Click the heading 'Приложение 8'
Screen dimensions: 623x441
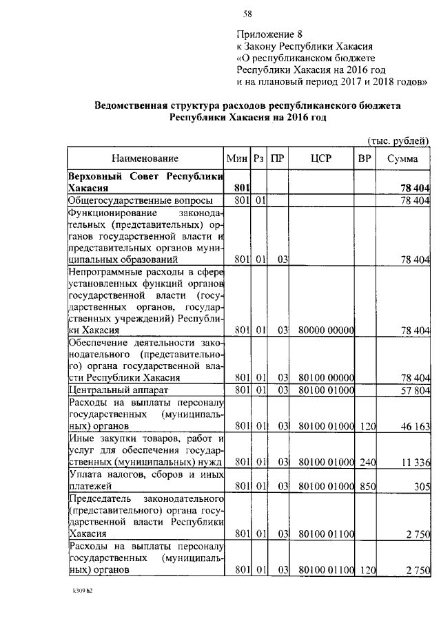pos(269,34)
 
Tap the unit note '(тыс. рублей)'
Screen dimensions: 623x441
pos(397,140)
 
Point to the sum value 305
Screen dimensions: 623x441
pos(421,486)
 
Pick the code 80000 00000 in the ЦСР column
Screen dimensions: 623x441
pos(326,330)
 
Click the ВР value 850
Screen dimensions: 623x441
pos(366,486)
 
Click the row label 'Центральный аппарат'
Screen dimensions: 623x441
pos(112,390)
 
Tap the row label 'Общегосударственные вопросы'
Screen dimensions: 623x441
pos(139,200)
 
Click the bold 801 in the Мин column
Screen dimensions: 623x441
pos(240,187)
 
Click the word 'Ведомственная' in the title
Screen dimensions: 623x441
pos(132,106)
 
